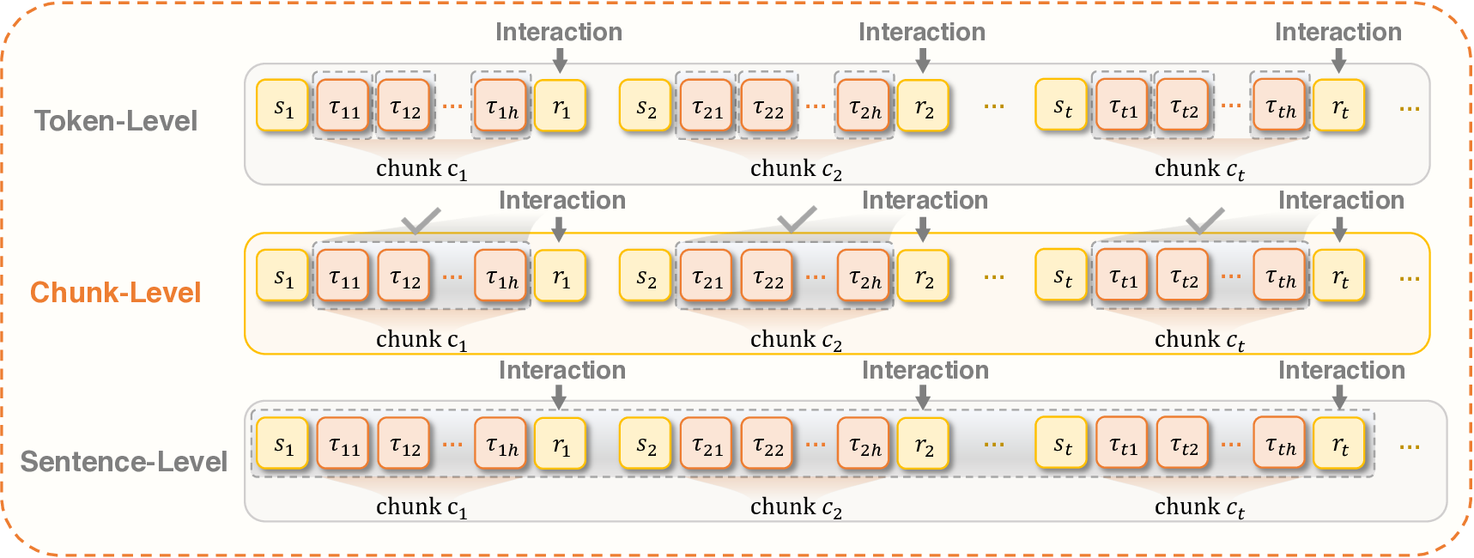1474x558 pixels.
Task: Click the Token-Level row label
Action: point(116,121)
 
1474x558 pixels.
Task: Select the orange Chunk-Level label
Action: point(115,293)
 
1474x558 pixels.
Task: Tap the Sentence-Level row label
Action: point(124,462)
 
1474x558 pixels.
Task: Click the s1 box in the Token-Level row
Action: point(282,106)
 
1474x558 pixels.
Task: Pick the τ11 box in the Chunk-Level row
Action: point(343,276)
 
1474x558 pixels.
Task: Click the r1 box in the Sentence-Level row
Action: point(561,444)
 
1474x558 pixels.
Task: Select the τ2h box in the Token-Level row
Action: point(864,106)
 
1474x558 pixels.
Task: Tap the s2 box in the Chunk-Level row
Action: point(646,276)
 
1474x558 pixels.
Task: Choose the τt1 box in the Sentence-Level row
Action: point(1122,444)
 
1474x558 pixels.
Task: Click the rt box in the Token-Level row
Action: point(1339,106)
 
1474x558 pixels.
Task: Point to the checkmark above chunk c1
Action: point(421,221)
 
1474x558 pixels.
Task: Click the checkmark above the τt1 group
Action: point(1204,221)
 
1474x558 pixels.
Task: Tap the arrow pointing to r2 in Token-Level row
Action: point(923,60)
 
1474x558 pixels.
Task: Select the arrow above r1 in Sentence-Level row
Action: point(559,397)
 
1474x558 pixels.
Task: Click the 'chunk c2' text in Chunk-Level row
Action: point(796,340)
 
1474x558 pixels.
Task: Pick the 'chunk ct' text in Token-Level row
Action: point(1199,169)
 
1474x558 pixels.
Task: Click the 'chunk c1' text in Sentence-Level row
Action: point(422,507)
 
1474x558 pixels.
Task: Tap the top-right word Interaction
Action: point(1338,33)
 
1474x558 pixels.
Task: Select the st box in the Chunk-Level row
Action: point(1062,276)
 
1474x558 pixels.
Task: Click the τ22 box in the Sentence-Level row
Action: point(767,444)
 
